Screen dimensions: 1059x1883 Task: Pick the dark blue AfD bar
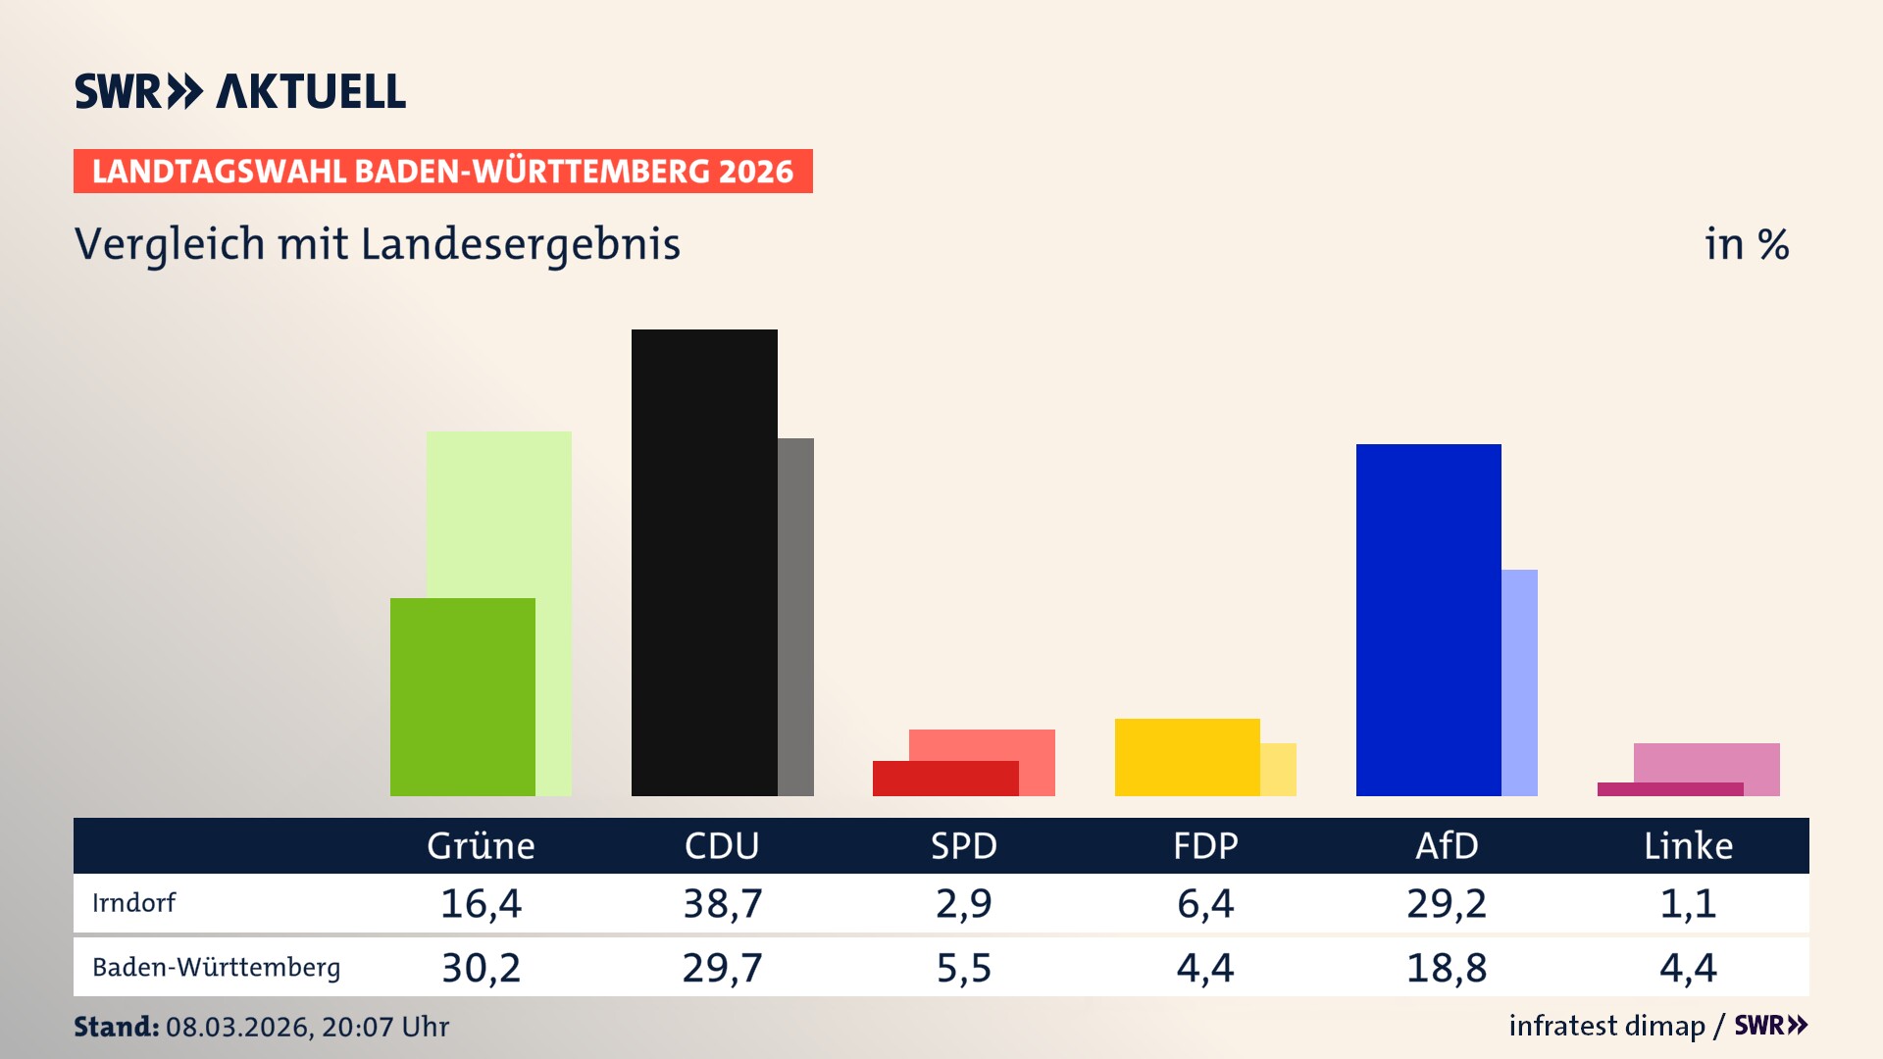click(x=1428, y=620)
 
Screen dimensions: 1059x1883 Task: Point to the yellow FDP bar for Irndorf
click(x=1187, y=757)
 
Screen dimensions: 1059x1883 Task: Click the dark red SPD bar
click(x=944, y=779)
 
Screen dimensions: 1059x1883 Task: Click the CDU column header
click(x=722, y=846)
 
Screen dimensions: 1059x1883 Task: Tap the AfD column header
click(x=1447, y=846)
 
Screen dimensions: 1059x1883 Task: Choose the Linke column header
click(x=1688, y=846)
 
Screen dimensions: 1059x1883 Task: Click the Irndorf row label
click(x=133, y=903)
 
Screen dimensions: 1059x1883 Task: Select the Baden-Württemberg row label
click(x=216, y=968)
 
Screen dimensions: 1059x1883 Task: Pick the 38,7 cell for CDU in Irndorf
click(x=723, y=903)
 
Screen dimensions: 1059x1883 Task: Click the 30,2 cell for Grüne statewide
click(x=481, y=968)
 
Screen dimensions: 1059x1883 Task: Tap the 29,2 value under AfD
click(x=1447, y=903)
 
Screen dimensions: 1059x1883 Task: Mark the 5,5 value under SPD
click(x=964, y=968)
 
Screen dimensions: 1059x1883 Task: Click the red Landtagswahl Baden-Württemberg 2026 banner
click(x=442, y=172)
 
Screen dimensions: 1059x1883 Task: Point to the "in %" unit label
click(x=1747, y=245)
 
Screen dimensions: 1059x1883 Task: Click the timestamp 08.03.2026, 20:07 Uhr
click(x=307, y=1027)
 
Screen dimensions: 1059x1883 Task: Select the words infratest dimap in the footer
click(x=1606, y=1026)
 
